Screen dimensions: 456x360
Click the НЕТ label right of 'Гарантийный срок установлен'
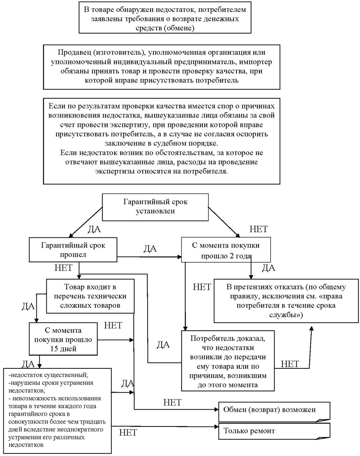(258, 229)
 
